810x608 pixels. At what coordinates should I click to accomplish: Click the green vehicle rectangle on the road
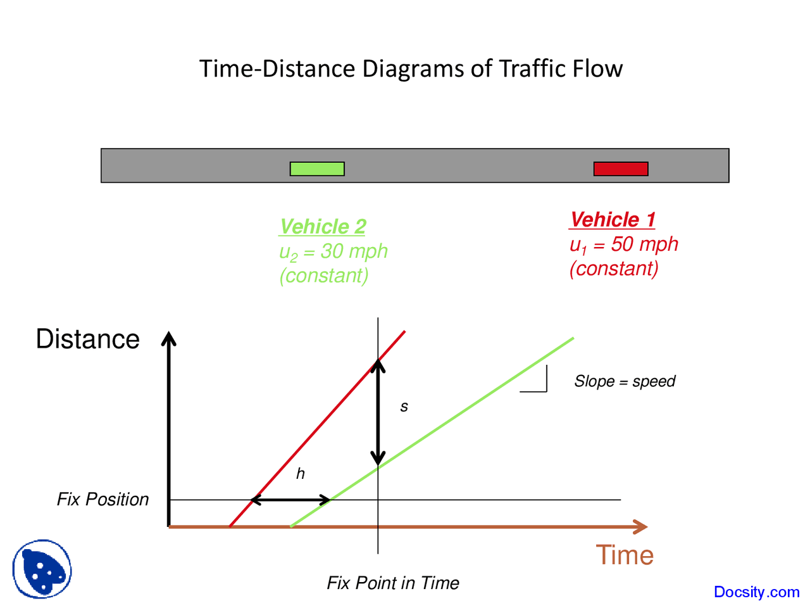pyautogui.click(x=317, y=168)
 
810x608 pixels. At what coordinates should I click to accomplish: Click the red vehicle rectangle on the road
pyautogui.click(x=621, y=168)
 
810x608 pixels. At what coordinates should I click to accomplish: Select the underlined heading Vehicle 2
pyautogui.click(x=323, y=226)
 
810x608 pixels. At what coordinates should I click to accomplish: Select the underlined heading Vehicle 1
pyautogui.click(x=612, y=219)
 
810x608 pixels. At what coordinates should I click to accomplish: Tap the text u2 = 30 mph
pyautogui.click(x=333, y=251)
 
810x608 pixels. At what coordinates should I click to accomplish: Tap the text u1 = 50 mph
pyautogui.click(x=623, y=244)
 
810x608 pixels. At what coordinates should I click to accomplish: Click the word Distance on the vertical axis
pyautogui.click(x=87, y=339)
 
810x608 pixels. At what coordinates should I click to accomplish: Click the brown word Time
pyautogui.click(x=624, y=555)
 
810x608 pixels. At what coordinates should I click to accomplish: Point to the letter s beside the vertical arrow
pyautogui.click(x=404, y=407)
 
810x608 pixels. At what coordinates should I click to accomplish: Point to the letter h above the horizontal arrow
pyautogui.click(x=301, y=474)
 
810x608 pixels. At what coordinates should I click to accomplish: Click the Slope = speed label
pyautogui.click(x=624, y=381)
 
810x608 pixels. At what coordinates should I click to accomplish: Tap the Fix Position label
pyautogui.click(x=103, y=499)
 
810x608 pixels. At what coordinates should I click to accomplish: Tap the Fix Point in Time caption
pyautogui.click(x=392, y=583)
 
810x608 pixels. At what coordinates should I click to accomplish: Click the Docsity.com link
pyautogui.click(x=756, y=592)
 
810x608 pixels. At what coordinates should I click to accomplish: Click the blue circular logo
pyautogui.click(x=42, y=569)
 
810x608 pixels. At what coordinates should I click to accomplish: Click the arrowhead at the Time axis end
pyautogui.click(x=640, y=526)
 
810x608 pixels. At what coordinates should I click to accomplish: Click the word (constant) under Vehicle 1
pyautogui.click(x=614, y=269)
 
